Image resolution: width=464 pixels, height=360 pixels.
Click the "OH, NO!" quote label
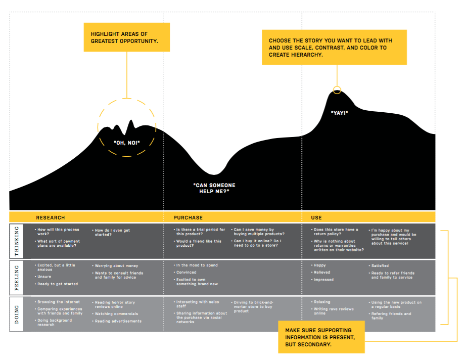click(x=126, y=143)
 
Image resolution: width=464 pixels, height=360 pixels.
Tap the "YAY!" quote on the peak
click(x=339, y=112)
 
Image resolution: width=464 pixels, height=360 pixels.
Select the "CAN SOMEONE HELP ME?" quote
click(x=214, y=188)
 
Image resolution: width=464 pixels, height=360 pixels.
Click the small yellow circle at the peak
click(x=337, y=91)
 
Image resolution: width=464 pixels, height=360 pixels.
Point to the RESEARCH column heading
click(x=51, y=217)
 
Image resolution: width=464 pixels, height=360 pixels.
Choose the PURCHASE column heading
click(x=188, y=217)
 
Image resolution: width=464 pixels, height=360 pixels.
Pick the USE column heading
click(x=316, y=217)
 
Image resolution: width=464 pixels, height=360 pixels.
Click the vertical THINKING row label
click(x=16, y=241)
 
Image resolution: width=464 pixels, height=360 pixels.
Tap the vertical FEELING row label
click(x=16, y=277)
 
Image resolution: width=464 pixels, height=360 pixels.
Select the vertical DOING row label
click(x=16, y=314)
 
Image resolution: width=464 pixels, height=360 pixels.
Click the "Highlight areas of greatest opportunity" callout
click(x=126, y=37)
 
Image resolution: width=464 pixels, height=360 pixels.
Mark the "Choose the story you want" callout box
click(x=334, y=47)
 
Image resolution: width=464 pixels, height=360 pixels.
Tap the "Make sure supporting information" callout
click(x=321, y=337)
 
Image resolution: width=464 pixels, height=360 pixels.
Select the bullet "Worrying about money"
click(x=116, y=265)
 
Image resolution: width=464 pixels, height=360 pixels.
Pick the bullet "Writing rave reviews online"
click(x=334, y=311)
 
